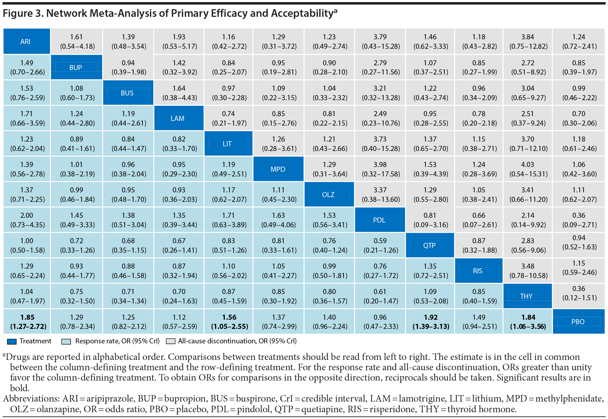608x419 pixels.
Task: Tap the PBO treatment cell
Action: (578, 321)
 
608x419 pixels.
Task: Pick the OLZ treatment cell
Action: (329, 194)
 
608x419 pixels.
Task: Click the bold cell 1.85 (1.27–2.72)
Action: (27, 321)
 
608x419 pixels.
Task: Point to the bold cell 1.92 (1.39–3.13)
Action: (430, 321)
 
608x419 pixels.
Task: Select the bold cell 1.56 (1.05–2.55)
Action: (229, 321)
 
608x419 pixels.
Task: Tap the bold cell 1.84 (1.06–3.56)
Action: (528, 321)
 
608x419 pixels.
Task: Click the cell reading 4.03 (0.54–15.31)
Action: (528, 169)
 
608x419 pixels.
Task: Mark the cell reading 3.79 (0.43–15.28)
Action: (380, 41)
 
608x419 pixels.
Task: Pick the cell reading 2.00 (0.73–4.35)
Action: (27, 220)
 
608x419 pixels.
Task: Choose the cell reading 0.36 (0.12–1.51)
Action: (579, 293)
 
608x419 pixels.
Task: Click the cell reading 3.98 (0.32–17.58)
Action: (380, 169)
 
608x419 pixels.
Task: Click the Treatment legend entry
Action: (35, 341)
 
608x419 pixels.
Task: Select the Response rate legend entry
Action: (117, 341)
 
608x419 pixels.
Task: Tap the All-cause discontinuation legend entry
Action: (237, 341)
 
